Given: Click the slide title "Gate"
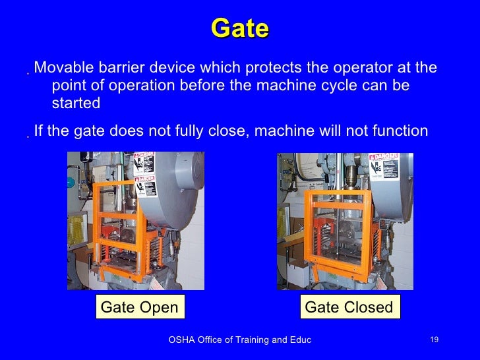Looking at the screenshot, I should pos(240,29).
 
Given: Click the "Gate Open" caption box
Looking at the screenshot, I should pos(139,307).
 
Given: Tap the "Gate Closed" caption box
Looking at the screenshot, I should pos(349,307).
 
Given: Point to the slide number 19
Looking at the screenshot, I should pos(434,340).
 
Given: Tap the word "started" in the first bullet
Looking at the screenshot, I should pos(76,104).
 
